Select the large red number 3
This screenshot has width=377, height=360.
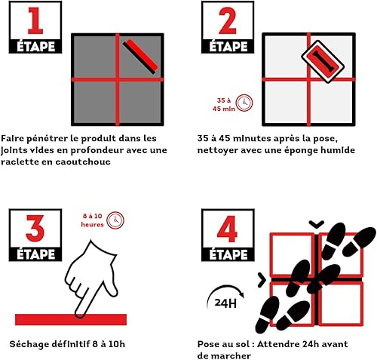click(33, 226)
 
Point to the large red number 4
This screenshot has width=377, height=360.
click(224, 226)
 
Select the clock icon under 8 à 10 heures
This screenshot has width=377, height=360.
click(115, 220)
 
